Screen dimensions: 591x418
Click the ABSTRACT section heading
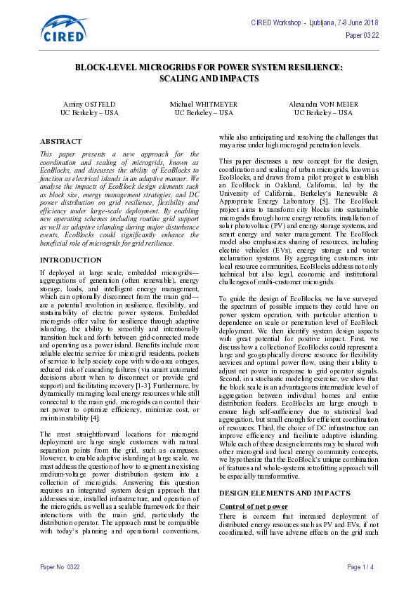tap(61, 141)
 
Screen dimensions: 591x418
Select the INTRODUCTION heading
tap(71, 260)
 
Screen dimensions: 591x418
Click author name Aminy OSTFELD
tap(89, 104)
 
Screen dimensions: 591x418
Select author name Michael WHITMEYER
tap(204, 104)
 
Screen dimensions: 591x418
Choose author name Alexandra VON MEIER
tap(323, 104)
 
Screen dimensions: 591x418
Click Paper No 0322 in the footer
tap(60, 566)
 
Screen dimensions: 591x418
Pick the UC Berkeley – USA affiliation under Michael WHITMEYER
tap(204, 112)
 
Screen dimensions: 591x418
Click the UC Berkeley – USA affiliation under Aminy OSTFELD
tap(89, 112)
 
